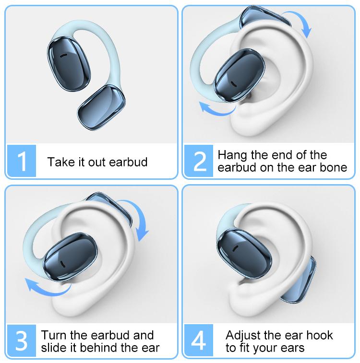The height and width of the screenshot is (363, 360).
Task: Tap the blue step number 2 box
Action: coord(199,161)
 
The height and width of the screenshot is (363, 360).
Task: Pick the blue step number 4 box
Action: coord(199,340)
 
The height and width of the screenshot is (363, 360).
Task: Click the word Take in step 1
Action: coord(58,162)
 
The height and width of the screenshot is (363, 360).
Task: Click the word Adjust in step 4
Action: coord(243,335)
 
